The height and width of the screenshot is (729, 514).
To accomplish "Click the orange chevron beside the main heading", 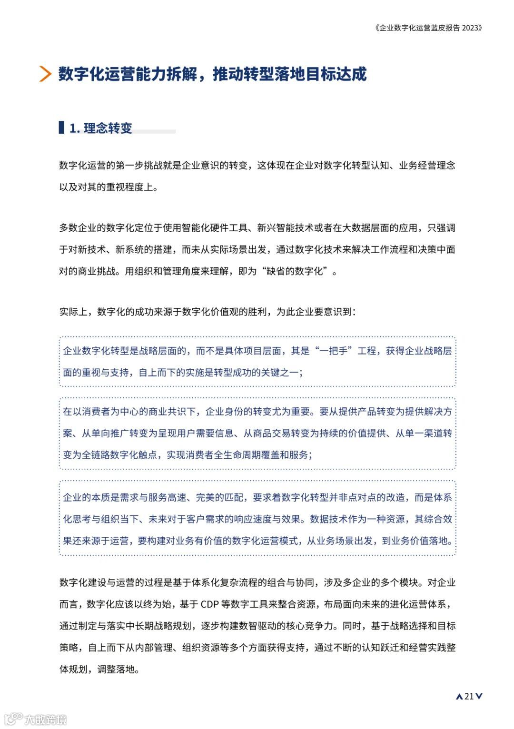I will coord(45,74).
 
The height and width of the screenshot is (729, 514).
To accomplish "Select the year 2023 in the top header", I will coord(471,28).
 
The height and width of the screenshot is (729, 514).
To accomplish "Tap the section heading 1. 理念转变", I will coord(100,128).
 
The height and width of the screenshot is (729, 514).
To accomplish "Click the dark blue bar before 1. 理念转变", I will coord(61,128).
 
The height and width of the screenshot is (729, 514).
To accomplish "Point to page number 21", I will coord(469,696).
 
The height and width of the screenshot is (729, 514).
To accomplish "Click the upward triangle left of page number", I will coord(459,697).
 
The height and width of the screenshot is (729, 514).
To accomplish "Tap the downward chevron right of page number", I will coord(479,696).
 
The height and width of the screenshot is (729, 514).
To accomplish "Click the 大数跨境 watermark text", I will coord(46,719).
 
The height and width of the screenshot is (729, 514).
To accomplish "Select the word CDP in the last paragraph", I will coord(209,604).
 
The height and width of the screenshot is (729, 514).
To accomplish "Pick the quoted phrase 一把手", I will coord(334,351).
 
